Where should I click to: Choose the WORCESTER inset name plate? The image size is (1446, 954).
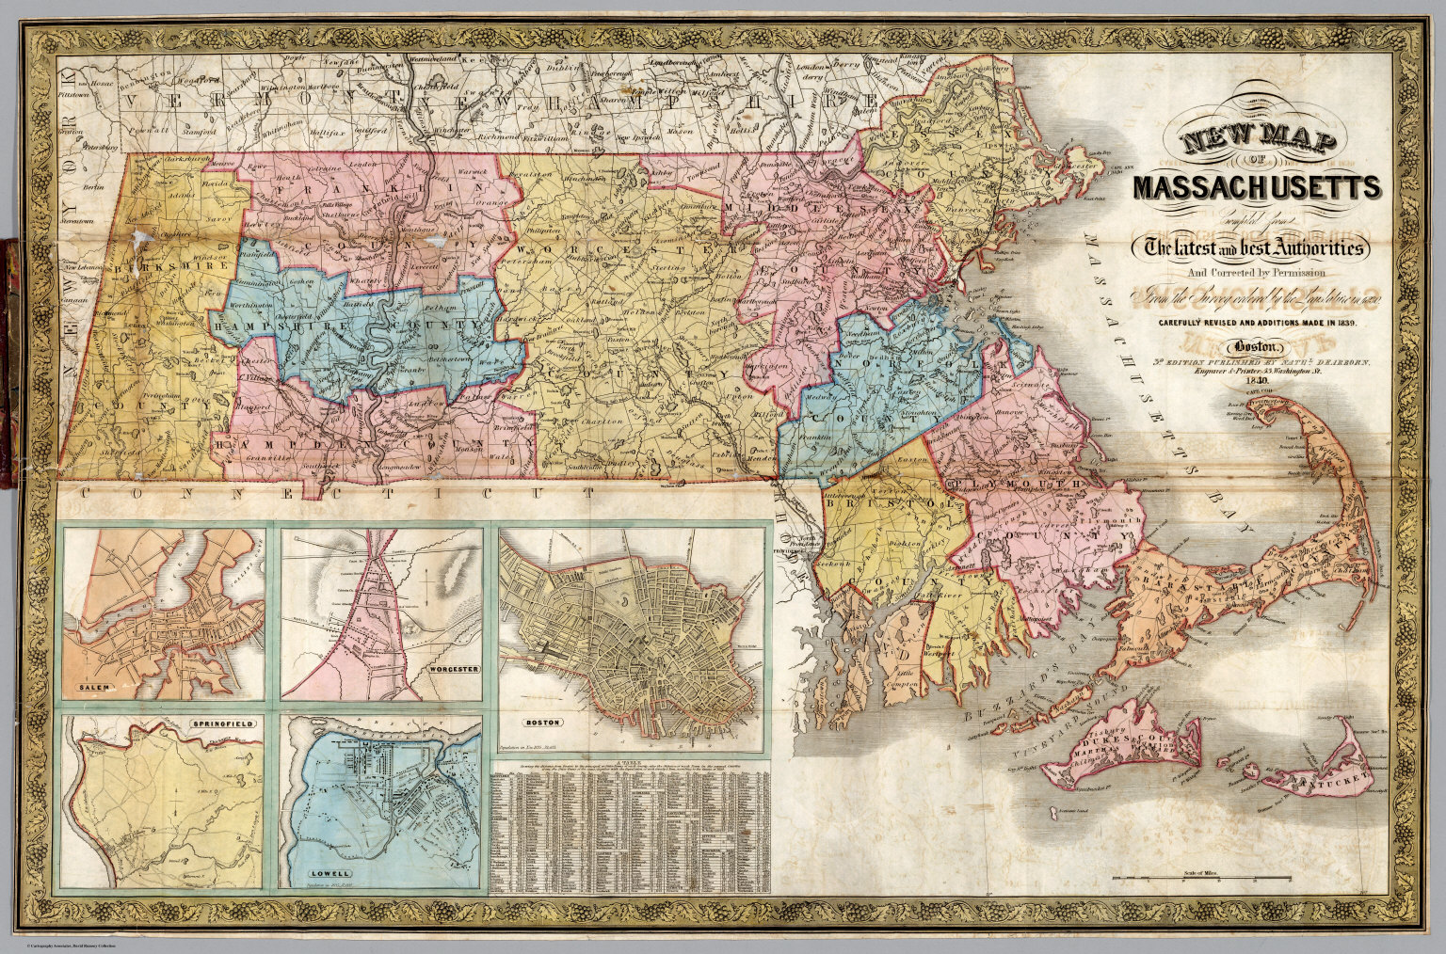coord(453,669)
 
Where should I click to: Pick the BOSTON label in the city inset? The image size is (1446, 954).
coord(541,723)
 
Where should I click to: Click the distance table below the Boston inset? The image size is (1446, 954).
coord(631,828)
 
